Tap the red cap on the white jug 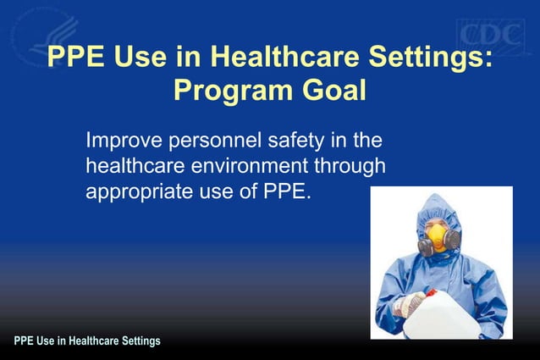click(430, 291)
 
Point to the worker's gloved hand click(411, 302)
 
